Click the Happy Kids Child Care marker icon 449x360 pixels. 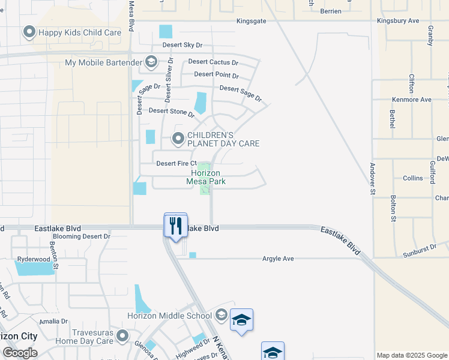click(x=28, y=32)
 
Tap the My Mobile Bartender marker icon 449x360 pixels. click(x=151, y=62)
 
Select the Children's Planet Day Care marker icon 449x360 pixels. click(x=178, y=139)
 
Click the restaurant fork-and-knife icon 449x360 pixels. click(x=175, y=226)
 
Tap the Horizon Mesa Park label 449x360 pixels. click(x=206, y=177)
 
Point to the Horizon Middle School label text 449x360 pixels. click(x=169, y=316)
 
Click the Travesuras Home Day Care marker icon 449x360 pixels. click(x=123, y=335)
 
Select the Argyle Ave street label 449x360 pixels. click(x=278, y=259)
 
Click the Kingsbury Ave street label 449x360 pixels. click(x=397, y=20)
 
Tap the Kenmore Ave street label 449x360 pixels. click(x=411, y=100)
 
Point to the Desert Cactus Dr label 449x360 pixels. click(x=213, y=62)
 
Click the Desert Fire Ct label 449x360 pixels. click(x=176, y=163)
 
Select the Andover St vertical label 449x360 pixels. click(x=372, y=179)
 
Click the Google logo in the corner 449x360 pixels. click(x=20, y=353)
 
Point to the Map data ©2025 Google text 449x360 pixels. click(x=412, y=355)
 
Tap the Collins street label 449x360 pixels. click(x=412, y=178)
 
